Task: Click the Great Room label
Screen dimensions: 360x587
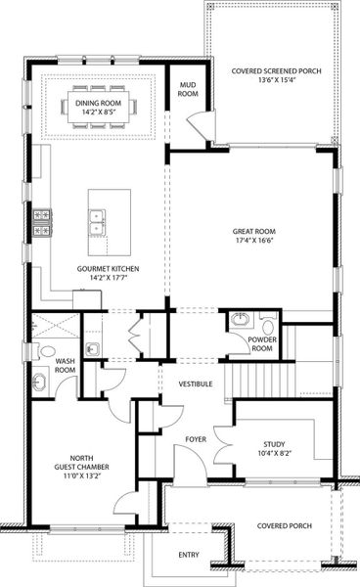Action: pyautogui.click(x=254, y=231)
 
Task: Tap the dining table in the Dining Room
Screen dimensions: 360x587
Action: pyautogui.click(x=99, y=107)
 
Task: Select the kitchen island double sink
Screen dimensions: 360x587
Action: pyautogui.click(x=97, y=222)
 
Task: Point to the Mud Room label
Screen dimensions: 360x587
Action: pyautogui.click(x=188, y=89)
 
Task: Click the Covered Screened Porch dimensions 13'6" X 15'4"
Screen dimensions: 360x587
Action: pyautogui.click(x=277, y=80)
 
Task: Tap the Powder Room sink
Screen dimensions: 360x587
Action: pyautogui.click(x=241, y=319)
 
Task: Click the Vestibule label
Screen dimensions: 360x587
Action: pyautogui.click(x=196, y=384)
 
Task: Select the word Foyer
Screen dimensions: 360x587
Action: pyautogui.click(x=196, y=439)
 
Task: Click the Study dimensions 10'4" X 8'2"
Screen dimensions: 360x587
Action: pyautogui.click(x=274, y=453)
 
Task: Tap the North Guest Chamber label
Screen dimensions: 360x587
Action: pyautogui.click(x=81, y=463)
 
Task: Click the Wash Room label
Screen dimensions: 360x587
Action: pyautogui.click(x=66, y=365)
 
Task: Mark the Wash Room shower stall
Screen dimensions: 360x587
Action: pyautogui.click(x=56, y=325)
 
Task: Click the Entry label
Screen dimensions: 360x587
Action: pyautogui.click(x=189, y=555)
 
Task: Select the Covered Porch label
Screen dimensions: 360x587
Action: pyautogui.click(x=285, y=526)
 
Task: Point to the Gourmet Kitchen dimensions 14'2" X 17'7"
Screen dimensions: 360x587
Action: pyautogui.click(x=109, y=278)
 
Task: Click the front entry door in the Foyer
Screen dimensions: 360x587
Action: pyautogui.click(x=190, y=464)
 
